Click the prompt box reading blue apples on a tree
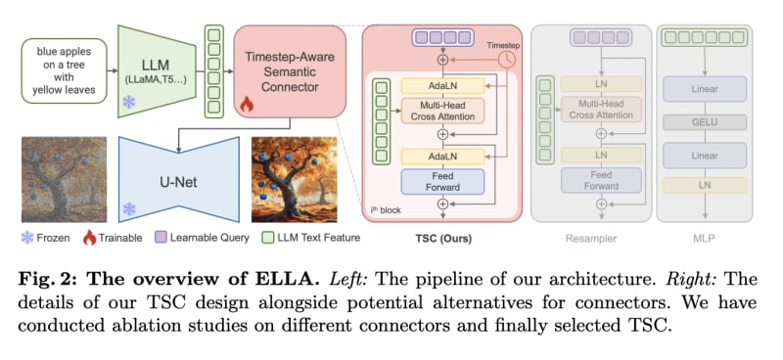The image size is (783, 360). click(64, 70)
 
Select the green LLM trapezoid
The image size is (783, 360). click(157, 70)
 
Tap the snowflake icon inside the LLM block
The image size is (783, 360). click(129, 103)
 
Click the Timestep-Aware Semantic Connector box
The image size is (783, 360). click(290, 71)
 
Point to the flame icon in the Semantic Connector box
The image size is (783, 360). click(247, 105)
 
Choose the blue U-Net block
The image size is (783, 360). click(179, 180)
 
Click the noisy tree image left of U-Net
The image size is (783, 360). click(64, 179)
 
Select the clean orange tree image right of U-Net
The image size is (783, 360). click(295, 179)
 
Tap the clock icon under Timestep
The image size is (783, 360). click(506, 60)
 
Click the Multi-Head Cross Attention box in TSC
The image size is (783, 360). click(442, 111)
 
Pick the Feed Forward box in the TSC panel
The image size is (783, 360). click(442, 182)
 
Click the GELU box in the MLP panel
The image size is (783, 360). click(705, 122)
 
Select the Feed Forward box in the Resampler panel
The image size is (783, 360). click(601, 180)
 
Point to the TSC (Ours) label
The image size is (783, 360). click(442, 238)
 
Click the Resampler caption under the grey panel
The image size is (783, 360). click(591, 238)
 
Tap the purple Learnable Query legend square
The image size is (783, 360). click(161, 238)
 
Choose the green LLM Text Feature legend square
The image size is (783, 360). click(267, 238)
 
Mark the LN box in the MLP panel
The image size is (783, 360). click(705, 185)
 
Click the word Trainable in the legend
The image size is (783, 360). click(120, 238)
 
